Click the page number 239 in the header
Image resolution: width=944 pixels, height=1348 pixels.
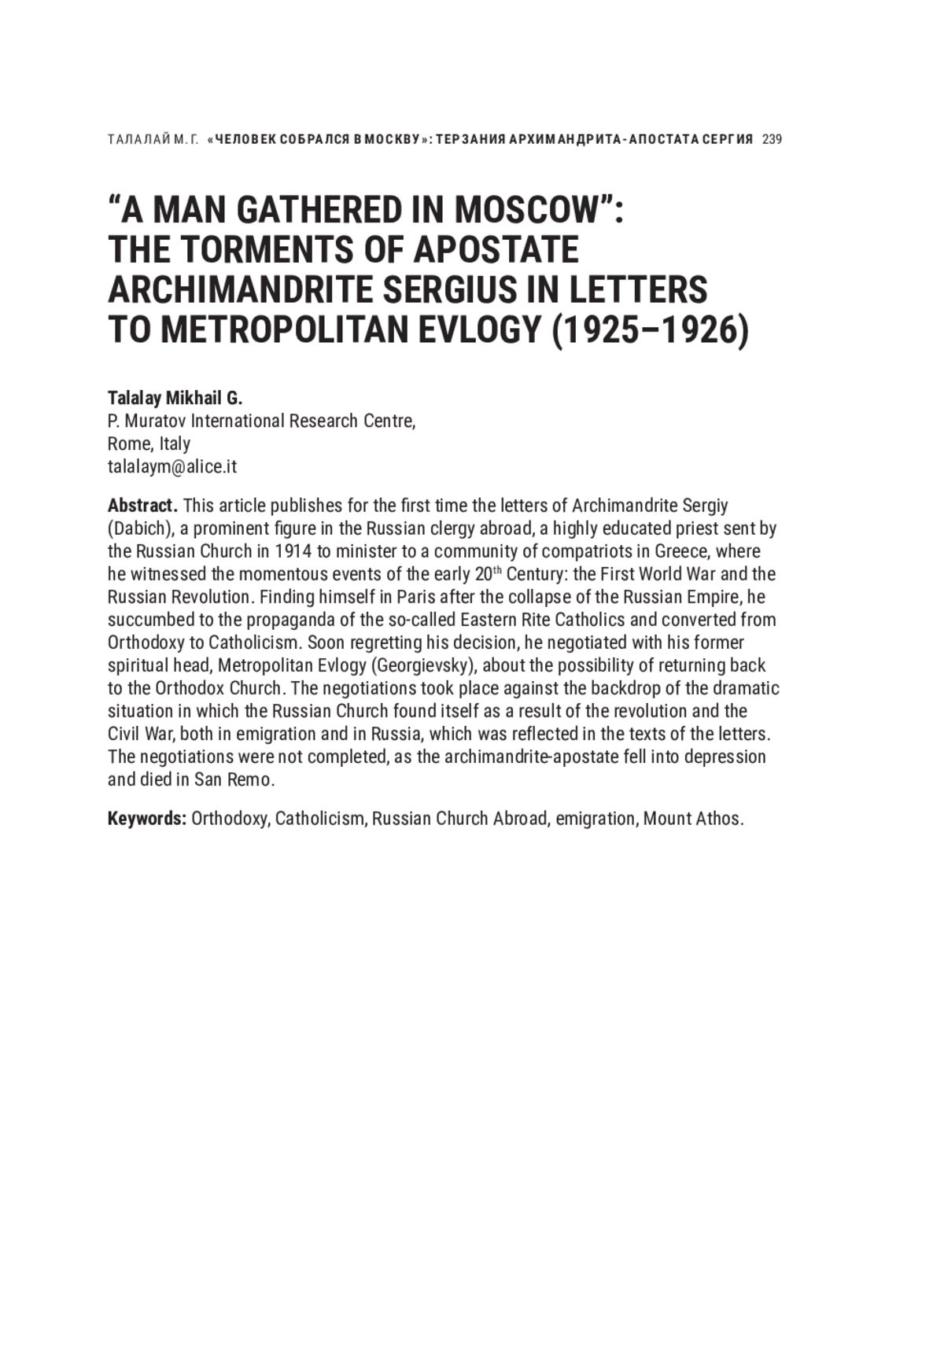(x=772, y=140)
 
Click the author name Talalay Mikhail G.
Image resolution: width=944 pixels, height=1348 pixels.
(x=175, y=398)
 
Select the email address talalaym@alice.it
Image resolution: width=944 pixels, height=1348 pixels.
(x=171, y=466)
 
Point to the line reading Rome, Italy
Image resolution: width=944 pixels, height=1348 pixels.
(x=149, y=444)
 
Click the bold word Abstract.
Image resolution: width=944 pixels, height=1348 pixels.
(x=142, y=505)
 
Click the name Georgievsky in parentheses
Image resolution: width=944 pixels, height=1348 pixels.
(x=425, y=665)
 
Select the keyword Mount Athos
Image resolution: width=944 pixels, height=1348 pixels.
(x=692, y=819)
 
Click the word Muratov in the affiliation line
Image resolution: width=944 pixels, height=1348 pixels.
(x=155, y=421)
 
